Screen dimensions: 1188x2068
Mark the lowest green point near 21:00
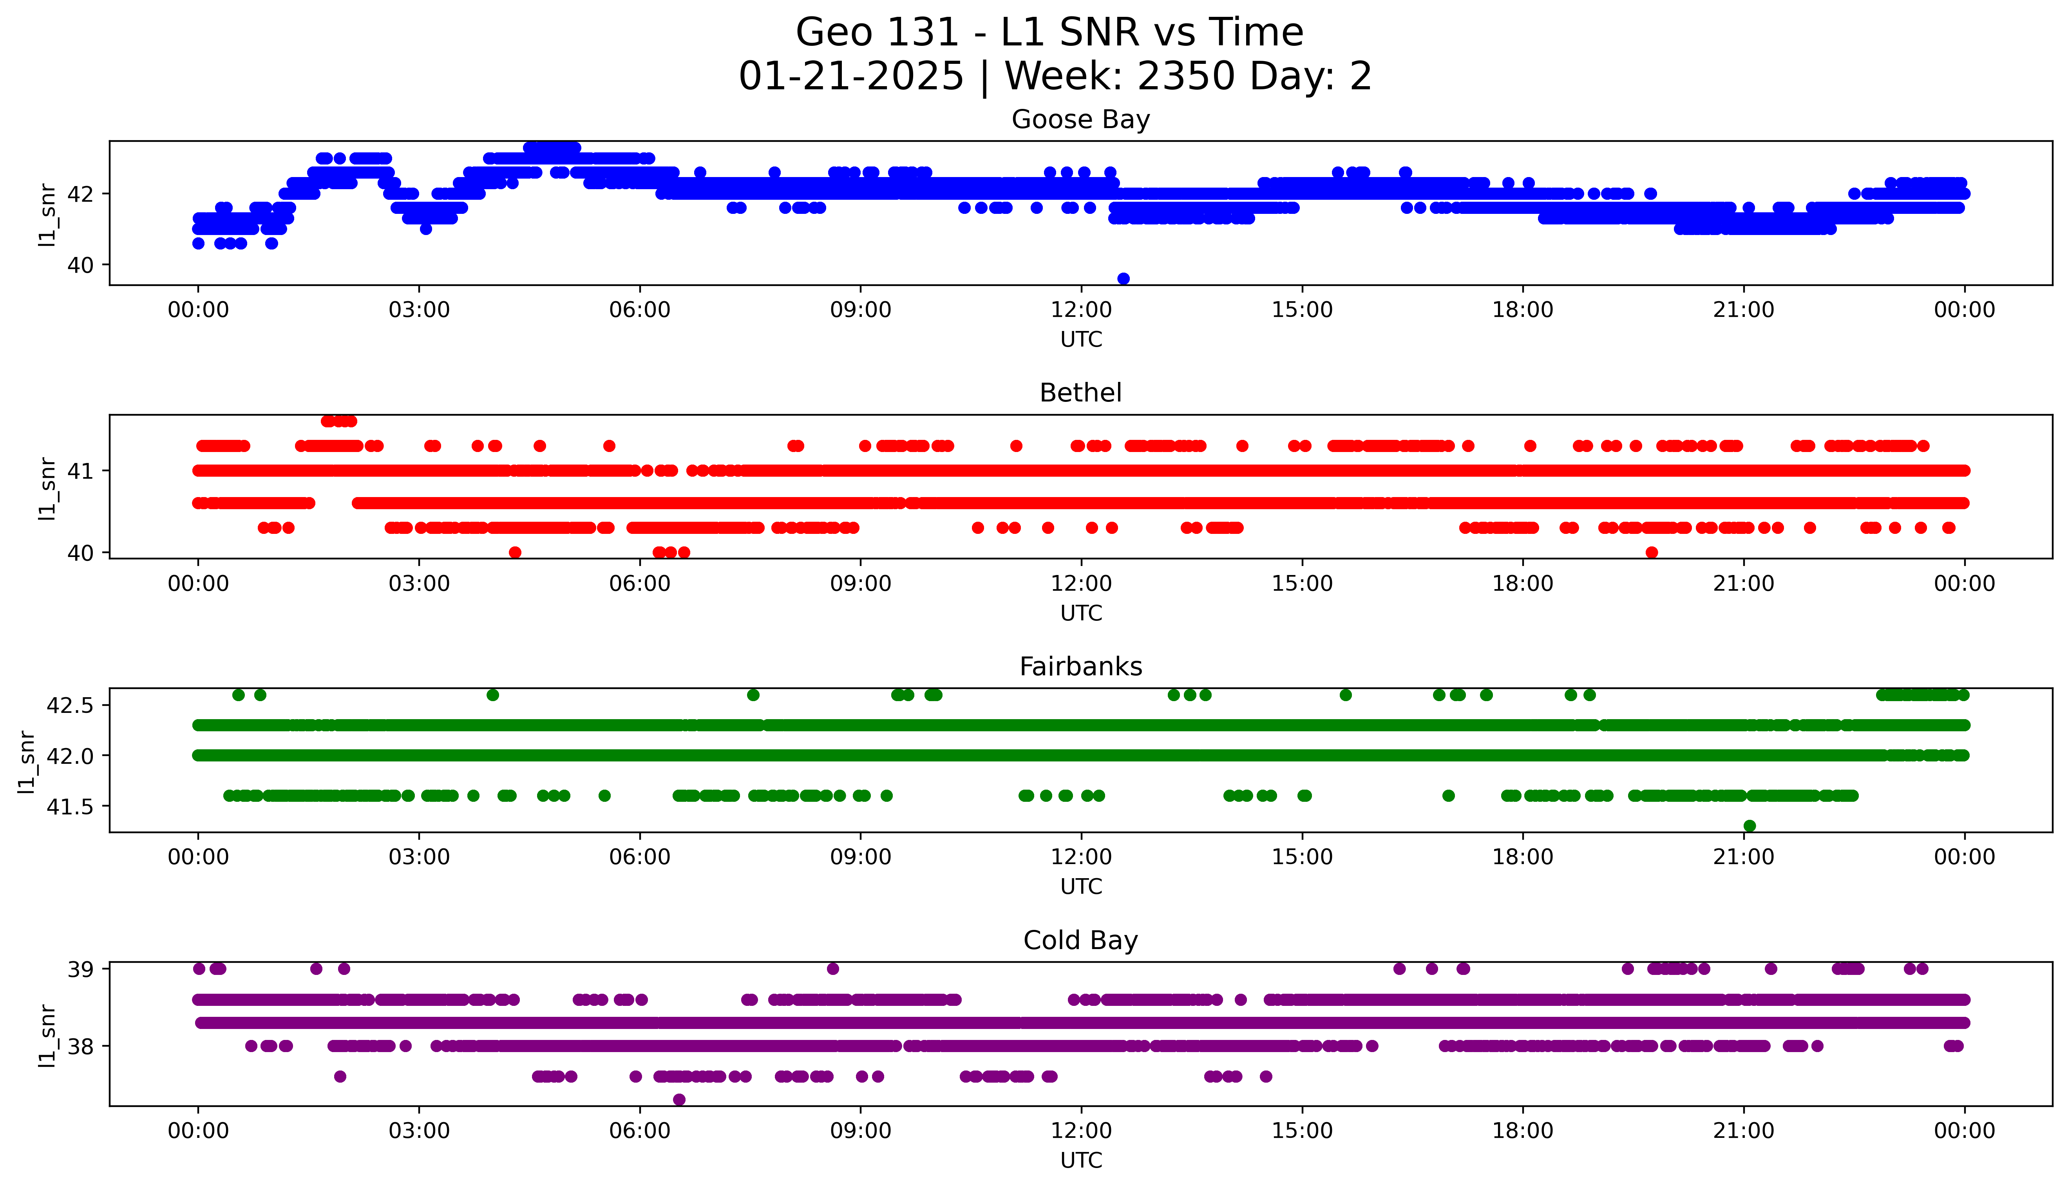[1749, 826]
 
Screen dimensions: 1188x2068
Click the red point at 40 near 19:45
[1652, 552]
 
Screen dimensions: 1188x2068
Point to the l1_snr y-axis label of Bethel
[47, 488]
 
